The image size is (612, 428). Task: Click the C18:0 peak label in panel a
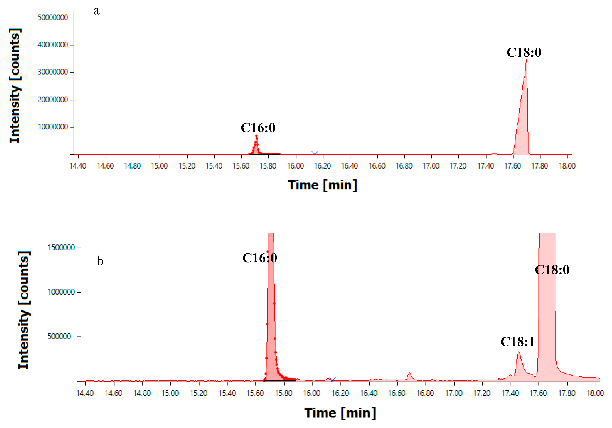point(524,52)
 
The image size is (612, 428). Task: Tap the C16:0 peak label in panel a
point(258,128)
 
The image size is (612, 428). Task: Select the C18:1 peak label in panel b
point(517,342)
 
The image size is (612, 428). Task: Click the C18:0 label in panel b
point(552,270)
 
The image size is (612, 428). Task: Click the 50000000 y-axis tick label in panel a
point(53,18)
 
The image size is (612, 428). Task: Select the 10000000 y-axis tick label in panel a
point(53,127)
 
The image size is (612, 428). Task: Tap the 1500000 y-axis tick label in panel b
point(61,248)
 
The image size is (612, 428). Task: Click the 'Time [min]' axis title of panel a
point(322,185)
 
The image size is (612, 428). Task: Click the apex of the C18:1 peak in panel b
point(518,352)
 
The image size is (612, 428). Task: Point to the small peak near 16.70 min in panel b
point(409,373)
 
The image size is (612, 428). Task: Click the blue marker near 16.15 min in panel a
point(315,153)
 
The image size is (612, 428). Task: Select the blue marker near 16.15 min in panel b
point(332,379)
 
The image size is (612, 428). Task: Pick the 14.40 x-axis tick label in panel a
point(78,166)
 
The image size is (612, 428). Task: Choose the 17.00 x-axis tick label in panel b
point(454,393)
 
